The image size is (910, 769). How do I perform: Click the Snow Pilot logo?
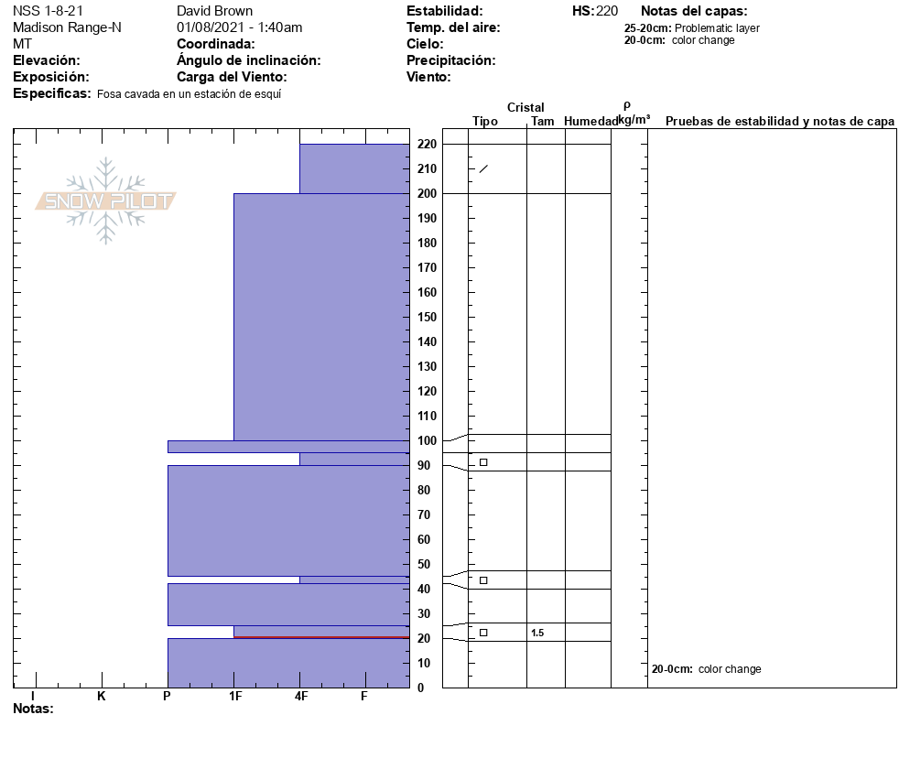pos(106,200)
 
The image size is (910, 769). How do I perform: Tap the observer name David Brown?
pos(214,11)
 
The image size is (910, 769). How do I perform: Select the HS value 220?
pos(606,11)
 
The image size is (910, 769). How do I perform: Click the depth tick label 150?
pos(427,317)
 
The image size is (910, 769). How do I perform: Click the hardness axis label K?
pos(102,696)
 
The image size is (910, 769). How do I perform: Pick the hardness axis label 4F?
pos(300,696)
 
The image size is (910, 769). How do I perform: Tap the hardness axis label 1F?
pos(234,696)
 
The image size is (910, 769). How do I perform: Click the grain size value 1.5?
pos(537,633)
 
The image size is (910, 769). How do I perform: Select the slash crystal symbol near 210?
pos(483,168)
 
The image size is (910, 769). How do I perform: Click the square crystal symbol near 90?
pos(483,462)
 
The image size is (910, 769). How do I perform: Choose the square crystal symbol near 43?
pos(483,580)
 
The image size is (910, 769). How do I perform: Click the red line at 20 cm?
pos(320,637)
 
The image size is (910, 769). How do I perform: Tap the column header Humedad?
pos(590,122)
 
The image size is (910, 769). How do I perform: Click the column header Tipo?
pos(485,122)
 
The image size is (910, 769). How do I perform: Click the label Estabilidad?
pos(444,11)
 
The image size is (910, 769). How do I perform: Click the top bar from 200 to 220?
pos(353,168)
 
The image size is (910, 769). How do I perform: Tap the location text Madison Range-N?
pos(67,27)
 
